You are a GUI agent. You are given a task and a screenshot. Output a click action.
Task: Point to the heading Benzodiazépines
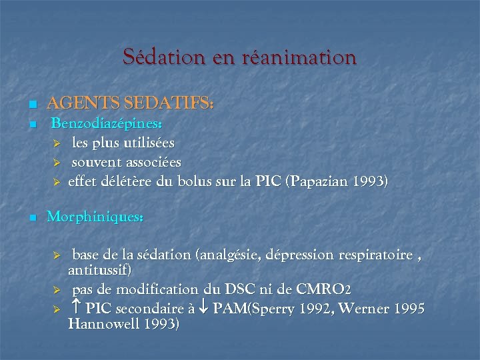[107, 124]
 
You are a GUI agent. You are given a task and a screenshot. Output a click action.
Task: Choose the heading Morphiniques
[95, 218]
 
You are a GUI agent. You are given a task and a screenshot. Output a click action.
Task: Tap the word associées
[153, 163]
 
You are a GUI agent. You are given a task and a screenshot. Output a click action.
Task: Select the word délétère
[126, 182]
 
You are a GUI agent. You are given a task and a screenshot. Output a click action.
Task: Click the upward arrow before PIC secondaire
[76, 309]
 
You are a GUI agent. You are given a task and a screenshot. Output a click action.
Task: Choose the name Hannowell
[111, 325]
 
